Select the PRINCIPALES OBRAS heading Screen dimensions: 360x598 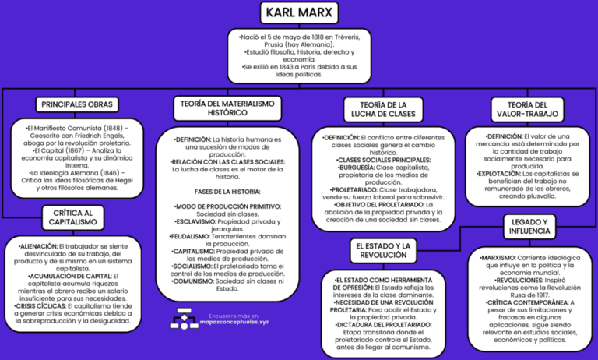(x=76, y=104)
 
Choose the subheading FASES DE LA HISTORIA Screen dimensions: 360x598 (x=227, y=192)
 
